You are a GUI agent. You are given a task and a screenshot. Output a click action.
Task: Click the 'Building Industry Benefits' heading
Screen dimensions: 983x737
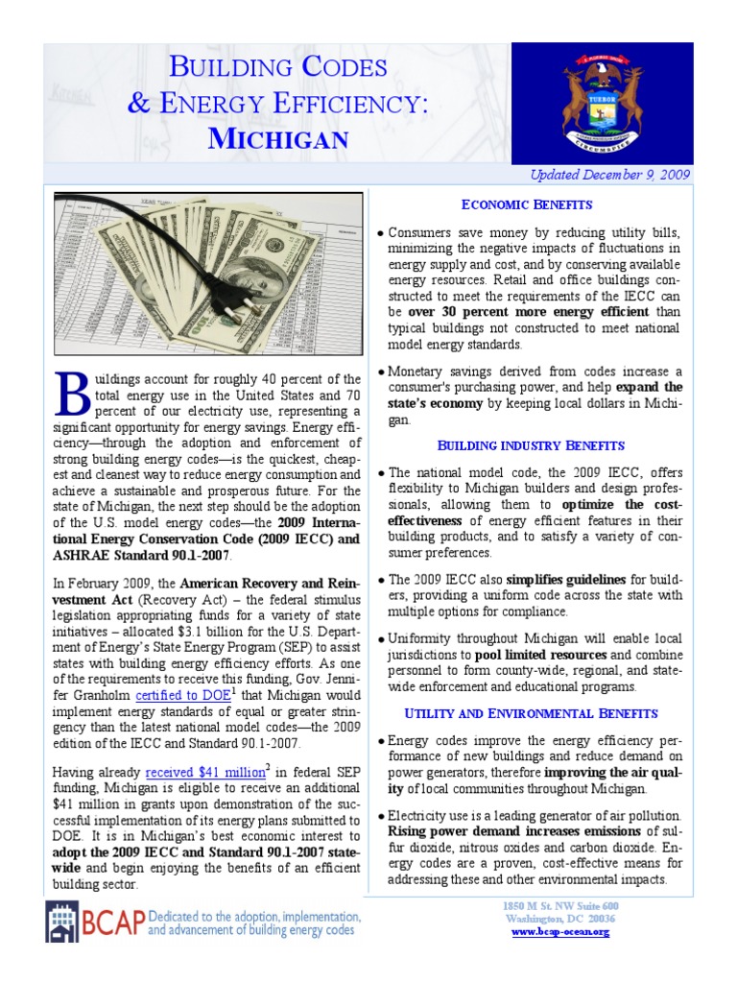click(x=531, y=445)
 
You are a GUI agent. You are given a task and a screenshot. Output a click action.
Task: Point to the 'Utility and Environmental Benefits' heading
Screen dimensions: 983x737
click(x=531, y=713)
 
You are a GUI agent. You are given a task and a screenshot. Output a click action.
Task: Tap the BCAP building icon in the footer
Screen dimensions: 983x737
click(x=63, y=922)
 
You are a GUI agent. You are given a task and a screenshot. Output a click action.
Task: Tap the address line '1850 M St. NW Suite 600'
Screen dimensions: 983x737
click(x=559, y=907)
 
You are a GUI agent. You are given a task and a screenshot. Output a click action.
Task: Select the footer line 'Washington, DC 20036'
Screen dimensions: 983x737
click(x=559, y=920)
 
